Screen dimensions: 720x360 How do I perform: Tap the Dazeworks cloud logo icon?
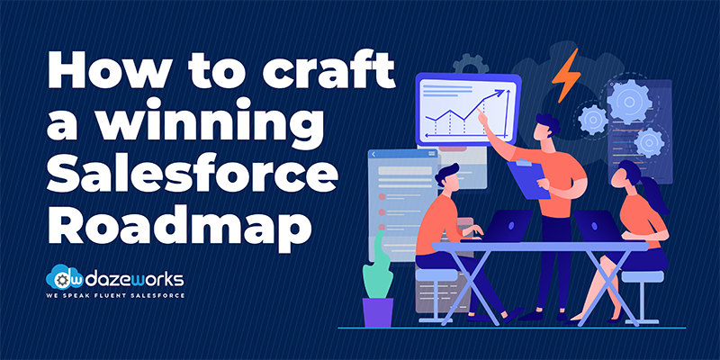(60, 277)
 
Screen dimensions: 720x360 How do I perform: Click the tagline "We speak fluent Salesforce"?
(115, 295)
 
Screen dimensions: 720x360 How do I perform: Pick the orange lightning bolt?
(566, 75)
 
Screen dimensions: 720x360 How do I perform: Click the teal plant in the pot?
(377, 265)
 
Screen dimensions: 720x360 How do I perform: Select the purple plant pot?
(378, 312)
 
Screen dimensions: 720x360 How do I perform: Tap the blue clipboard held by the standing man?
(528, 178)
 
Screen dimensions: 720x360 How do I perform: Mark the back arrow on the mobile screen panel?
(374, 154)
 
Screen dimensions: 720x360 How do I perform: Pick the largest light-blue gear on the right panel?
(628, 101)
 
